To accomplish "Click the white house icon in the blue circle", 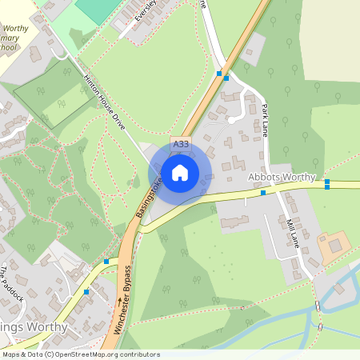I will click(180, 173).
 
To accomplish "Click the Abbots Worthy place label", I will click(282, 177).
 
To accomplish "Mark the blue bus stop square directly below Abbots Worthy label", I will click(263, 193).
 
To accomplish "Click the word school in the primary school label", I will click(6, 48).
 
